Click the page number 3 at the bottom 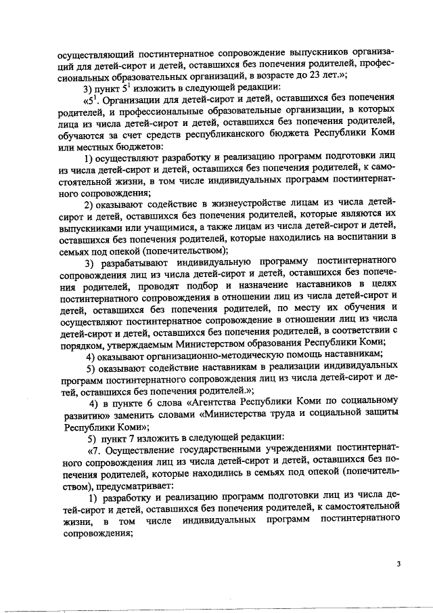pos(399,564)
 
